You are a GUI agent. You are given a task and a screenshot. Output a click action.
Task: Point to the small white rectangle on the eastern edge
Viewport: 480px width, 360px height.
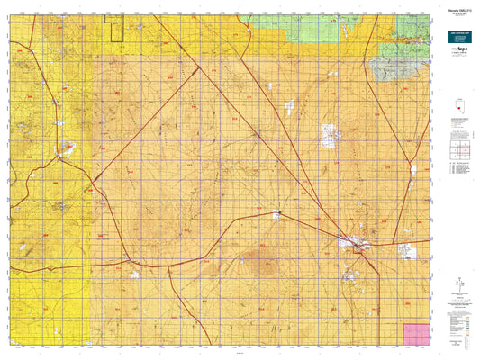tap(413, 168)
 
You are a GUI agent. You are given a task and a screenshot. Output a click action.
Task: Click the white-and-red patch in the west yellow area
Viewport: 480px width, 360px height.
tap(67, 150)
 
